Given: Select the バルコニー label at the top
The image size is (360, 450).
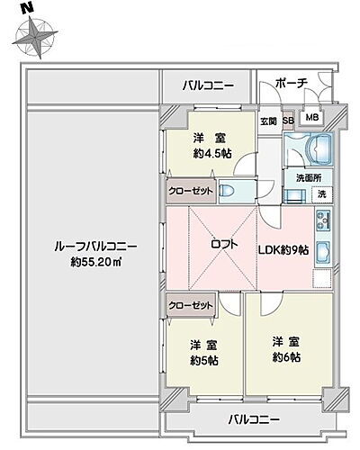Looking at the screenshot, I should click(208, 86).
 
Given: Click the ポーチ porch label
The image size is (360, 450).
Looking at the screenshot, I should click(292, 83).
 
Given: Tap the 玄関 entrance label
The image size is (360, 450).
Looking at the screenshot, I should click(268, 121).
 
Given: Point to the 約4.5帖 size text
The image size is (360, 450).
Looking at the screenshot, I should click(209, 153).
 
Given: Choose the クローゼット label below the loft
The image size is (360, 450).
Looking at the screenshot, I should click(191, 306).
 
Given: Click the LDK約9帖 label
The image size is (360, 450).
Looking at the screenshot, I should click(287, 250).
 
